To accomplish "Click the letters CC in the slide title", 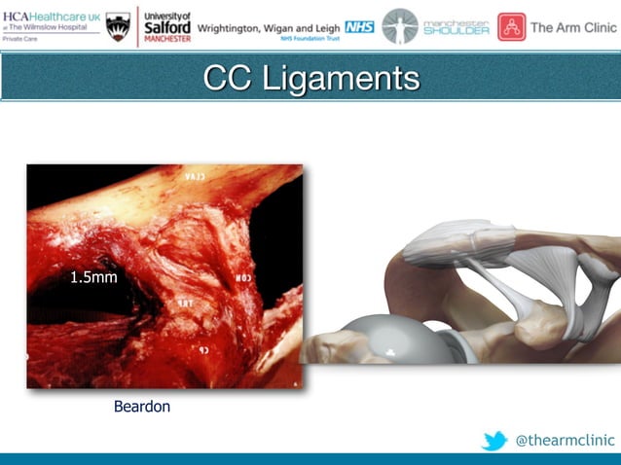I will [x=228, y=79].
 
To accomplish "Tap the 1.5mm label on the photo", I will [x=93, y=278].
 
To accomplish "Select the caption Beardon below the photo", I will [x=142, y=407].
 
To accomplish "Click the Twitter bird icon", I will [x=493, y=441].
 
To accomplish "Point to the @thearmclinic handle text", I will [x=565, y=441].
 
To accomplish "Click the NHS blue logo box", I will [x=359, y=27].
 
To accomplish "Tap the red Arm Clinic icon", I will [x=511, y=26].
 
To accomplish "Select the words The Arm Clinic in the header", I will [x=573, y=27].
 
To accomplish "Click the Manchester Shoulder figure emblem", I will [x=399, y=26].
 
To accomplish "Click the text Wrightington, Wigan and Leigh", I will [x=269, y=27].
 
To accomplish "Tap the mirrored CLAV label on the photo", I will [x=195, y=178].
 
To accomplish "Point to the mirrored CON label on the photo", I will [x=243, y=278].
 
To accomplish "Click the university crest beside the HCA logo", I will [x=118, y=26].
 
